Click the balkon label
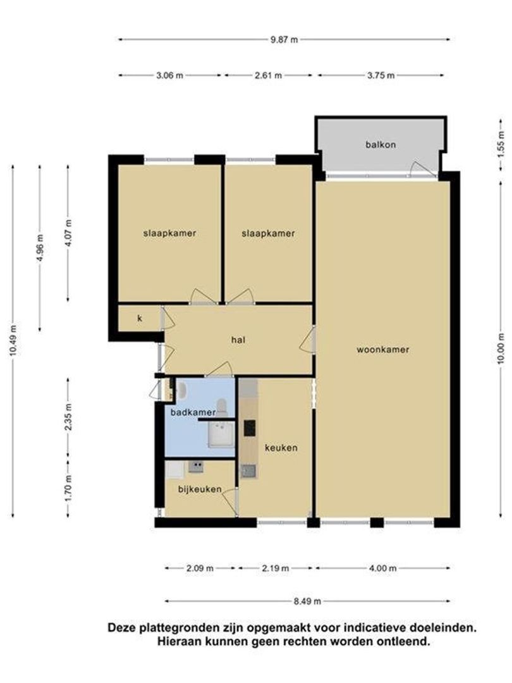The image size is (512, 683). [x=381, y=144]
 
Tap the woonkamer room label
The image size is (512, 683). [x=382, y=349]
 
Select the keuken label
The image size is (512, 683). [x=281, y=447]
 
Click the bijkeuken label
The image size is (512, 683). [x=199, y=489]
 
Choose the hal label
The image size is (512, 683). [x=238, y=340]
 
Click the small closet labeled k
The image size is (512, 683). [x=140, y=318]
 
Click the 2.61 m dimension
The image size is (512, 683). [x=269, y=75]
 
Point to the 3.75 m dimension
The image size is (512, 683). [x=381, y=75]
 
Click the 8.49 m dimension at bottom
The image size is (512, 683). [x=308, y=601]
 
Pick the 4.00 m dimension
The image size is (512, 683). [x=384, y=568]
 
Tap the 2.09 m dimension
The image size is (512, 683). [x=200, y=568]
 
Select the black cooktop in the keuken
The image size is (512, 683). [x=249, y=428]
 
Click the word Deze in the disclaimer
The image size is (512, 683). [x=121, y=628]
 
